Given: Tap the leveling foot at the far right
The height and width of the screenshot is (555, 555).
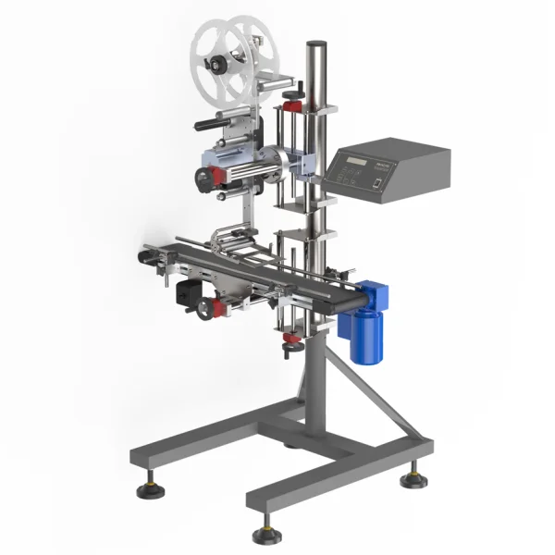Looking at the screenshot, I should coord(413,479).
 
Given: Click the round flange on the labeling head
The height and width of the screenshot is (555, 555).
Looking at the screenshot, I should coord(274,158).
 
